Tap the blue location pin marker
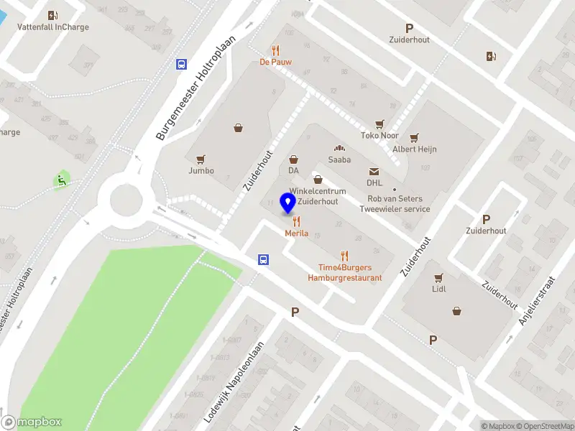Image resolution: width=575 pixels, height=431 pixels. (288, 204)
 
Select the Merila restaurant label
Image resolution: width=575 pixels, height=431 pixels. (296, 233)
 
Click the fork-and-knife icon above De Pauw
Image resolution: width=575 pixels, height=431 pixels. (275, 50)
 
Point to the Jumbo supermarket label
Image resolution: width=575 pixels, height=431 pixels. (201, 170)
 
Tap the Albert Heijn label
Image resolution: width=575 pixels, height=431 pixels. (414, 149)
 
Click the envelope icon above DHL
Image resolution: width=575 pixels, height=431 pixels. (374, 172)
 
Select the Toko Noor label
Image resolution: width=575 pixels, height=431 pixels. (379, 135)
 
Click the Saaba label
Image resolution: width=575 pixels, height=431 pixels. (339, 159)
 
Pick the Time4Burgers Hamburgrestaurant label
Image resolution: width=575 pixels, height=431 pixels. (345, 272)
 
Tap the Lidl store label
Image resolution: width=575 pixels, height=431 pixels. (438, 289)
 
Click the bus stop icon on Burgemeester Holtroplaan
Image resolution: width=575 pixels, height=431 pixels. (181, 64)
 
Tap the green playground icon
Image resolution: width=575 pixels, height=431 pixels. (62, 180)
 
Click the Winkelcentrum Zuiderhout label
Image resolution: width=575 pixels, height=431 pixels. (318, 196)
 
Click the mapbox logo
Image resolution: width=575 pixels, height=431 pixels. (32, 422)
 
